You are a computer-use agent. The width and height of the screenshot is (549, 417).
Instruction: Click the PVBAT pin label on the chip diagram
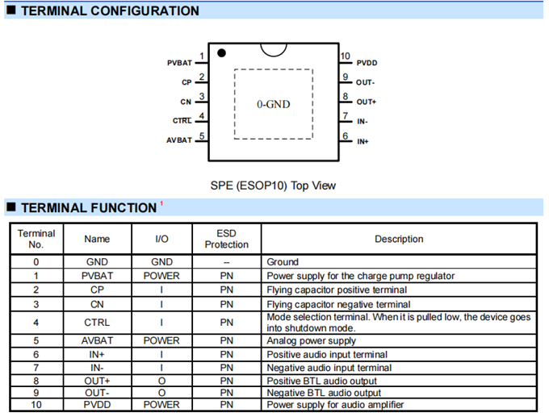[179, 62]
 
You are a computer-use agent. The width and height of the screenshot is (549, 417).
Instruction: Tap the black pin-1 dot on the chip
[221, 53]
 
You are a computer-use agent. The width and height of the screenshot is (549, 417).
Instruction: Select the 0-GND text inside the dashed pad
[273, 104]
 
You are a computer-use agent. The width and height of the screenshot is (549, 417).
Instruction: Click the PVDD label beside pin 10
[367, 63]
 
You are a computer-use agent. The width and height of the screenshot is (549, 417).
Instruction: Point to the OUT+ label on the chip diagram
[366, 102]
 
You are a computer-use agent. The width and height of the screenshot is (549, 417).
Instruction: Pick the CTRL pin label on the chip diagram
[182, 121]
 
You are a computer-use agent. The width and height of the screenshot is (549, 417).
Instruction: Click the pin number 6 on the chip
[345, 136]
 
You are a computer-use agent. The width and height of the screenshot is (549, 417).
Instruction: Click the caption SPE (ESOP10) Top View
[273, 186]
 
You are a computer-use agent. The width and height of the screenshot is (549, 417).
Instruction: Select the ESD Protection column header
[227, 239]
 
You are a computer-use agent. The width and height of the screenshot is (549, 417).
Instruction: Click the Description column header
[399, 239]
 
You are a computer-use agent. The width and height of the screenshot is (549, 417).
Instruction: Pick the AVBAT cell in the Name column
[96, 341]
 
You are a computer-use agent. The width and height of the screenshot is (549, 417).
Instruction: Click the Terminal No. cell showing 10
[36, 404]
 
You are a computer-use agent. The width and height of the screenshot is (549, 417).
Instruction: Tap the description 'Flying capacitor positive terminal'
[337, 290]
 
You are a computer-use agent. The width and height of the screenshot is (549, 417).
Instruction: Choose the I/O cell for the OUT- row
[161, 392]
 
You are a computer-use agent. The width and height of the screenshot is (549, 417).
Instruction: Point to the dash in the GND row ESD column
[227, 263]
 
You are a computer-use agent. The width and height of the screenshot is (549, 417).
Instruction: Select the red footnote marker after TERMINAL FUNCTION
[161, 203]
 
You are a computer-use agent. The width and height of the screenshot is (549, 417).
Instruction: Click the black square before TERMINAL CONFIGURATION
[11, 11]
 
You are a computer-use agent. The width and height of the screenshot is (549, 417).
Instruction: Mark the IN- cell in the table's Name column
[96, 367]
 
